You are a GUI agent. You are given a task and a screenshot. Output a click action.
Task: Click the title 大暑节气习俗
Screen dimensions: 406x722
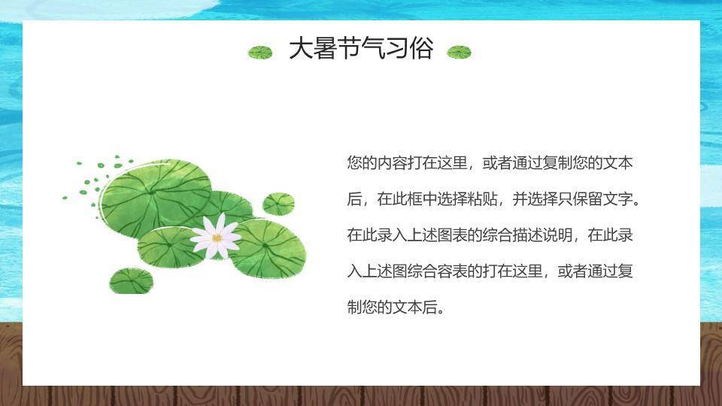tap(361, 50)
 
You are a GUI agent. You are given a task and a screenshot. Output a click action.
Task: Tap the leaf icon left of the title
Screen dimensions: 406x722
tap(260, 52)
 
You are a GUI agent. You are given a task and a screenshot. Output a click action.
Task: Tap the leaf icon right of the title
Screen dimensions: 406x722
tap(459, 52)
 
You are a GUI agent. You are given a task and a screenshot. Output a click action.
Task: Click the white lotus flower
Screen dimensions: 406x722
tap(217, 236)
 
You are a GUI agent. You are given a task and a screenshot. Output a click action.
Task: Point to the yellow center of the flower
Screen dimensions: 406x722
tap(217, 238)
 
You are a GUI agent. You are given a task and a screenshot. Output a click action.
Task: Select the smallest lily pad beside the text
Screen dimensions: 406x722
tap(278, 203)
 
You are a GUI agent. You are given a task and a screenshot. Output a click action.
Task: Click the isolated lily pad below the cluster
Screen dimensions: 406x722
tap(131, 281)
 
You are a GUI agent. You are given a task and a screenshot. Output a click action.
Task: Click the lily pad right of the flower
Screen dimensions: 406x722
tap(268, 248)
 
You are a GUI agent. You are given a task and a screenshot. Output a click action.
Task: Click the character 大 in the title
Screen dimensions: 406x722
tap(301, 50)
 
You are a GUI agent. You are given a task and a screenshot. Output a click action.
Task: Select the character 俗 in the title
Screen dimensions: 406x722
tap(422, 50)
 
